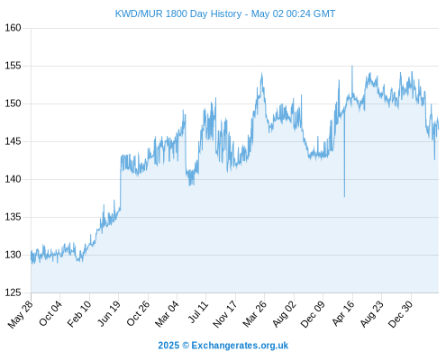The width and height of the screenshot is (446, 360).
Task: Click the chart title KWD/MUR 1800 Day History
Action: (178, 13)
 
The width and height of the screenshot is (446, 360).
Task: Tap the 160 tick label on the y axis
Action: (13, 28)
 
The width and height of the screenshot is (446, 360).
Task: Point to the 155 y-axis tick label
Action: (13, 66)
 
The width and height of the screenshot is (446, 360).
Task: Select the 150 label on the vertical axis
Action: (13, 103)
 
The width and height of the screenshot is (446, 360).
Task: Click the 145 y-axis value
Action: (13, 141)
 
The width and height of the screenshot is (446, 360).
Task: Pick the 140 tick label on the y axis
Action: (13, 179)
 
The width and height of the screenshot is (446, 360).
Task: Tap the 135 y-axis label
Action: (13, 217)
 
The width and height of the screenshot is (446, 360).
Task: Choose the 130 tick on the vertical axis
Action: (13, 255)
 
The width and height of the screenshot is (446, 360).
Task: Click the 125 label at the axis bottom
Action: (13, 292)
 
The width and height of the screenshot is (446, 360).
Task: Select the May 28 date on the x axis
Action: (21, 314)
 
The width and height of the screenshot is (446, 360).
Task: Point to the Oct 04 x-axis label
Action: (50, 313)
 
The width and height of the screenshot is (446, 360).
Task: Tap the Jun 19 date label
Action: (109, 313)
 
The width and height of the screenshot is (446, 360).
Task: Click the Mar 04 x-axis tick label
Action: (167, 314)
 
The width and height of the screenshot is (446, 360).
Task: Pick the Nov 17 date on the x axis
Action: (224, 314)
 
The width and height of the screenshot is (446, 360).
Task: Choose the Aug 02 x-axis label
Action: (284, 314)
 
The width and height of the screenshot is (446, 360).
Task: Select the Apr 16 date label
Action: (343, 313)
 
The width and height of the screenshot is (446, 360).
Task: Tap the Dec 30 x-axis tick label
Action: (401, 314)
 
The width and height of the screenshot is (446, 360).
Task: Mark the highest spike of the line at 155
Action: (352, 66)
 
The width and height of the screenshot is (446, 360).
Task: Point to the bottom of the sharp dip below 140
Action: (344, 197)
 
